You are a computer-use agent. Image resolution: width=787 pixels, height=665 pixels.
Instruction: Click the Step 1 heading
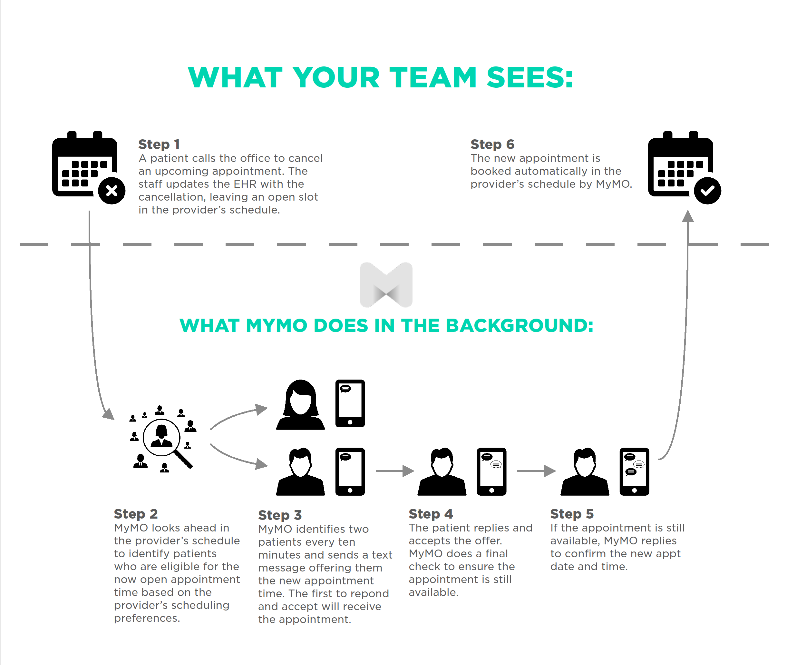(159, 144)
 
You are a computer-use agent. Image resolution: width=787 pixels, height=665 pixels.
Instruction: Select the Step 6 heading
(492, 144)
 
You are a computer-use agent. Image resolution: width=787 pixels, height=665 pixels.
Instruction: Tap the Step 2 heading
(136, 514)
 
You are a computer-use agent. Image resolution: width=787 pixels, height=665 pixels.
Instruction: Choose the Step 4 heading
(431, 514)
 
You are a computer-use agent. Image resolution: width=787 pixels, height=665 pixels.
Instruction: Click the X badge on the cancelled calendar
(112, 191)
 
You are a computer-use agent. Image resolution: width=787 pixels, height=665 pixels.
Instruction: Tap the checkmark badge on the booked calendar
(707, 191)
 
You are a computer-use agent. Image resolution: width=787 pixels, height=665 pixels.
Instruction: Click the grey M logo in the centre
(386, 285)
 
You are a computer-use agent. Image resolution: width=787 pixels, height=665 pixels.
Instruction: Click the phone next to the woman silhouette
(350, 403)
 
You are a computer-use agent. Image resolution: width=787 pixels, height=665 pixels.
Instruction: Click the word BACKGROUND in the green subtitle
(519, 325)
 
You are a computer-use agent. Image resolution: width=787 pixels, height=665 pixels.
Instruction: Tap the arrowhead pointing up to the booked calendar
(688, 216)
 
